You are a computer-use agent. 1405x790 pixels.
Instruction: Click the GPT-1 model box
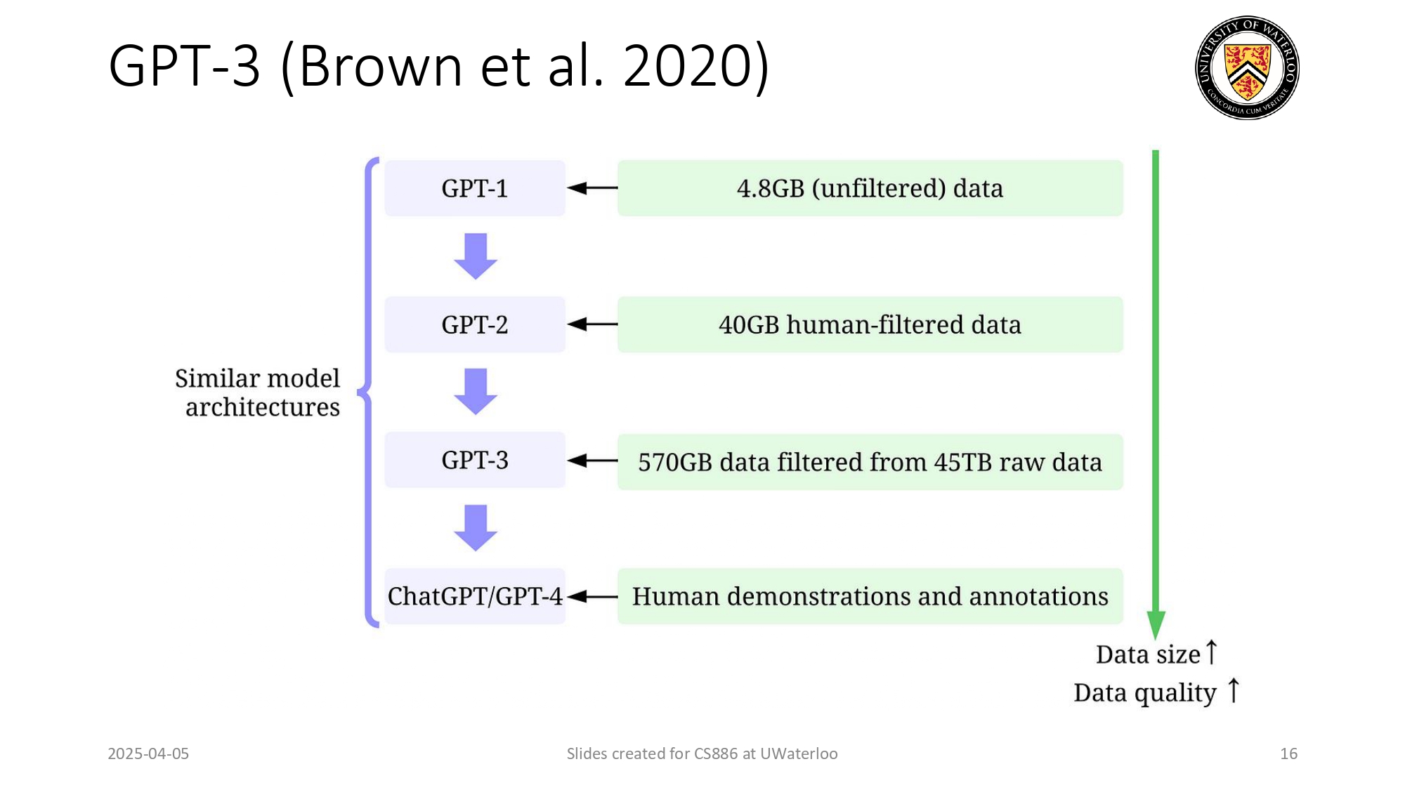pos(475,188)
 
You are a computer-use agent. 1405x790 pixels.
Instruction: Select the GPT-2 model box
pos(475,324)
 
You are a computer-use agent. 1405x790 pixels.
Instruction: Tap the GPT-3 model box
pos(475,461)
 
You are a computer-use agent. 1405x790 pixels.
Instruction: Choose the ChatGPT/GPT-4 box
pos(475,596)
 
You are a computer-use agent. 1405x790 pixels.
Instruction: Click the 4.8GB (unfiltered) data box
pos(870,188)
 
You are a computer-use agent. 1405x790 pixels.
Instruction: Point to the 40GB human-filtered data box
pos(870,324)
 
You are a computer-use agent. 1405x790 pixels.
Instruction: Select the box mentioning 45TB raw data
pos(870,462)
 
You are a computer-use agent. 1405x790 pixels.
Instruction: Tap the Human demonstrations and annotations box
pos(870,596)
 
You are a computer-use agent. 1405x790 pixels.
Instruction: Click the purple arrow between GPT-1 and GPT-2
pos(476,256)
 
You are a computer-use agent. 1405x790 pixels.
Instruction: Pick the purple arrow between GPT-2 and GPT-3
pos(476,391)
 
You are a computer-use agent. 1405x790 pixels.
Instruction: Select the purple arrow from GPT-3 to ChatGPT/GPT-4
pos(476,527)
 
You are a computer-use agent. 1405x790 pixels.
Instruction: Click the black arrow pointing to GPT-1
pos(592,188)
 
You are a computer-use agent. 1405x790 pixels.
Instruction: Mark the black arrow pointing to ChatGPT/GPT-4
pos(592,597)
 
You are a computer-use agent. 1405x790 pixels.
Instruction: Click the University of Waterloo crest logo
pos(1247,67)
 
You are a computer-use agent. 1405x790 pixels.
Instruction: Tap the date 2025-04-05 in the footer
pos(148,753)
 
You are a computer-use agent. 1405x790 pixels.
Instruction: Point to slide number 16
pos(1288,753)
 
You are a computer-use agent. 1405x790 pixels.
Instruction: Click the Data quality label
pos(1145,692)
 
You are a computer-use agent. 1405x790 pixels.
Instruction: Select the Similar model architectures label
pos(259,393)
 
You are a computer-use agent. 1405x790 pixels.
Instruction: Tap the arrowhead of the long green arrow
pos(1156,624)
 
